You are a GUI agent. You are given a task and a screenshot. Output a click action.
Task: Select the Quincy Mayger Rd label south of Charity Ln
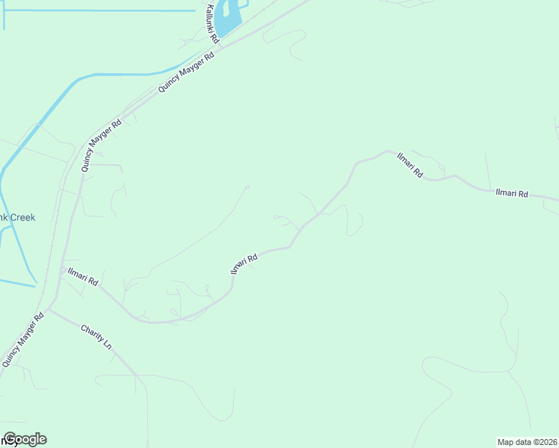[x=22, y=339]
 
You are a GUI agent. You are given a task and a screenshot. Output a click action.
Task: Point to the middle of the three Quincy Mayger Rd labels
[x=101, y=146]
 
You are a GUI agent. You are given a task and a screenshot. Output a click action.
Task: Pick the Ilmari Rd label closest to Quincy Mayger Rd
[x=82, y=277]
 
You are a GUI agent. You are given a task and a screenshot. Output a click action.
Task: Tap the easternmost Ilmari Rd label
[x=512, y=193]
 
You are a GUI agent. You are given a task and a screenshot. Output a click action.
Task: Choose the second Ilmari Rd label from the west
[x=244, y=264]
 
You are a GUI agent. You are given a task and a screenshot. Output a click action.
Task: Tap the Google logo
[x=25, y=439]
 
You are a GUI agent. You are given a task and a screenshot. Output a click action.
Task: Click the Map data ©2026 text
[x=528, y=442]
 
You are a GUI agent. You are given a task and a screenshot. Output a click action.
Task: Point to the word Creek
[x=21, y=217]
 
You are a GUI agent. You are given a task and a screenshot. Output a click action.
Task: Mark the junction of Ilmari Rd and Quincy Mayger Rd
[x=62, y=271]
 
